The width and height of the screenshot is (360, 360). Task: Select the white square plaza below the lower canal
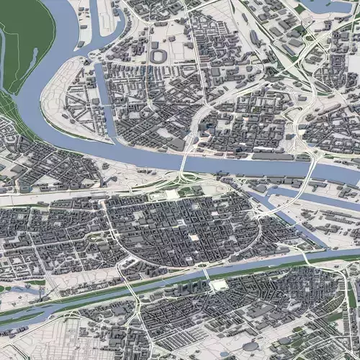pos(217,285)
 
